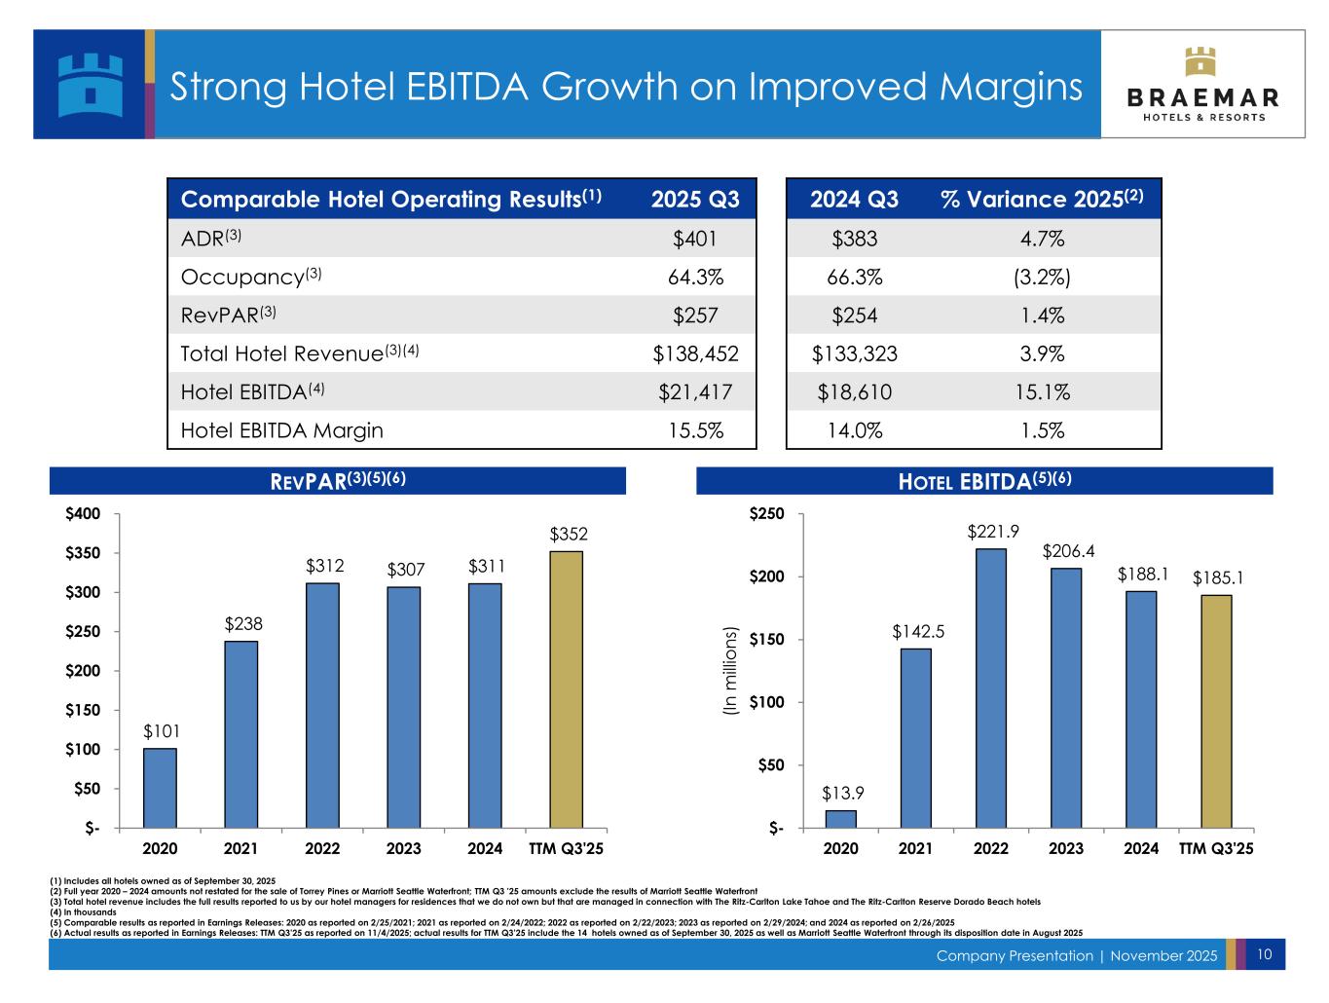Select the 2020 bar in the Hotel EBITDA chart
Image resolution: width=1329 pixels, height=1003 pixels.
[841, 819]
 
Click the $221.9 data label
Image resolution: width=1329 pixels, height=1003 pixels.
[992, 532]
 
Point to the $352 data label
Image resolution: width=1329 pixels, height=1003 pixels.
[568, 535]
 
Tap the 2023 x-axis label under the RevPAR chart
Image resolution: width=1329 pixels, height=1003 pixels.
[403, 848]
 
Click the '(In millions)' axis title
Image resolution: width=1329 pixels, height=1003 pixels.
[732, 672]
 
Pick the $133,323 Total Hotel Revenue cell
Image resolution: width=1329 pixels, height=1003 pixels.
[854, 354]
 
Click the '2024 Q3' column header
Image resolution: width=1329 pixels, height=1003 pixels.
[854, 200]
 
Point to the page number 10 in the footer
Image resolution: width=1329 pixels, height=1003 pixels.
[1265, 954]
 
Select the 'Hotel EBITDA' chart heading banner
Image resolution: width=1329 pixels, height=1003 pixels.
[984, 481]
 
